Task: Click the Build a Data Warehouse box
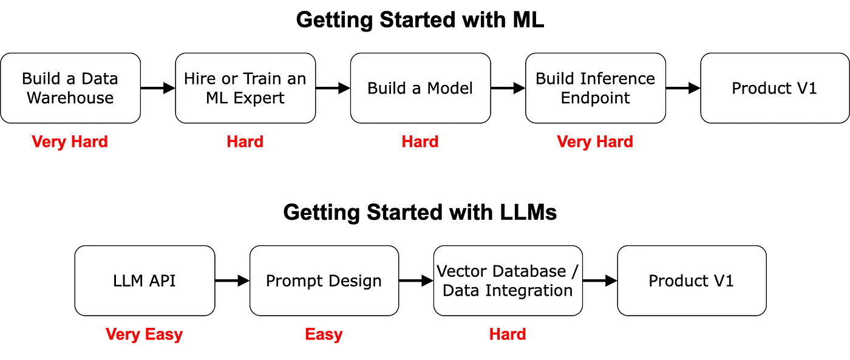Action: click(70, 88)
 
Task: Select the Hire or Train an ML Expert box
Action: click(245, 88)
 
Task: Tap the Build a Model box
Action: click(420, 88)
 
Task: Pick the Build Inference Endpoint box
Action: click(596, 88)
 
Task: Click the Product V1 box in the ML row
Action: click(775, 88)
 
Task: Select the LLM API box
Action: click(144, 280)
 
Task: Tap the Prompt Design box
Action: click(324, 280)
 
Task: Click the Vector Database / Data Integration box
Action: click(508, 280)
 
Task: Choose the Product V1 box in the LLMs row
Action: click(692, 280)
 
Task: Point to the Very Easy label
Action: click(144, 335)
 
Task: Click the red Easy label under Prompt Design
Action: click(324, 335)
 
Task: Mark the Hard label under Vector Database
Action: click(508, 335)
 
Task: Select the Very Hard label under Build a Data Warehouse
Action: click(70, 142)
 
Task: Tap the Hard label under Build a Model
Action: click(420, 141)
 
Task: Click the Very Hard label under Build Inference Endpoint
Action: click(595, 142)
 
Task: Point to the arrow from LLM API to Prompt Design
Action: click(232, 280)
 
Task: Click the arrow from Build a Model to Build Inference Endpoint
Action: click(508, 88)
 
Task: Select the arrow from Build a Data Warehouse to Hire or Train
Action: click(158, 88)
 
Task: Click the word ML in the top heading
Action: click(528, 19)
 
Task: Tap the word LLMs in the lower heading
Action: click(528, 212)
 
